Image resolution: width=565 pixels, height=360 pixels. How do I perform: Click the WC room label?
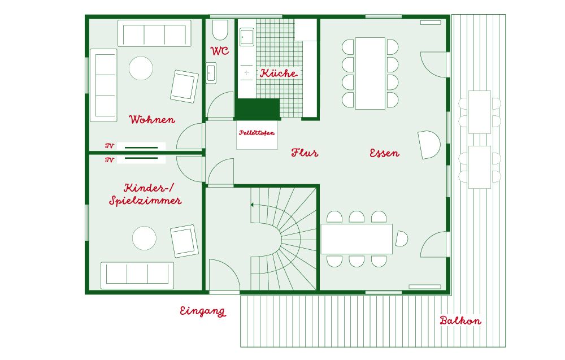pos(219,50)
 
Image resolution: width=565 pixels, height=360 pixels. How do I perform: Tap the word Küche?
pos(279,73)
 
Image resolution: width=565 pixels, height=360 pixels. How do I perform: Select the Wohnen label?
pos(152,119)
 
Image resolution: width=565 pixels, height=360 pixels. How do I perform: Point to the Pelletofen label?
pos(257,133)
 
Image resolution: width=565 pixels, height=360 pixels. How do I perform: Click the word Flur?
pos(305,153)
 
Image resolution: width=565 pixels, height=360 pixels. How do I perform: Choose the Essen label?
pos(384,153)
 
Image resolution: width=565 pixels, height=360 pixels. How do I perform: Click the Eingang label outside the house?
pos(203,311)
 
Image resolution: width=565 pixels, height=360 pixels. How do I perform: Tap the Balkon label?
pos(460,320)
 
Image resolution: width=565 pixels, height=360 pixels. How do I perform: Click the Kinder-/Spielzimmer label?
pos(146,194)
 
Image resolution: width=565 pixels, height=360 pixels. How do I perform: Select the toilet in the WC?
pos(220,30)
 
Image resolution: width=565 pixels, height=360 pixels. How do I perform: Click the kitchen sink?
pos(247,36)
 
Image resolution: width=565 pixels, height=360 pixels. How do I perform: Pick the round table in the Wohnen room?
pos(141,68)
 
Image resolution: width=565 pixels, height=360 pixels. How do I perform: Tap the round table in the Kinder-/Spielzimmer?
pos(144,238)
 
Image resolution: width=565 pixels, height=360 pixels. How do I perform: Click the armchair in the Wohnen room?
pos(185,86)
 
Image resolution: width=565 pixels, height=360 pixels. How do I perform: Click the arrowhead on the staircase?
pos(253,205)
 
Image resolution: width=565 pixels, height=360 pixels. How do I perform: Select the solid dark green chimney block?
pos(257,109)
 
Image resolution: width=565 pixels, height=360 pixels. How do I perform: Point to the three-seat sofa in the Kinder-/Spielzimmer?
pos(137,275)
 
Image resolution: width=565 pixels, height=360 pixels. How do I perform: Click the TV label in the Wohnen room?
pos(110,146)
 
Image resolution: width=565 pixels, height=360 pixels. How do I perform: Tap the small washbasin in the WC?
pos(211,73)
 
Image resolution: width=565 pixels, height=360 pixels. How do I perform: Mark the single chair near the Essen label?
pos(429,145)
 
